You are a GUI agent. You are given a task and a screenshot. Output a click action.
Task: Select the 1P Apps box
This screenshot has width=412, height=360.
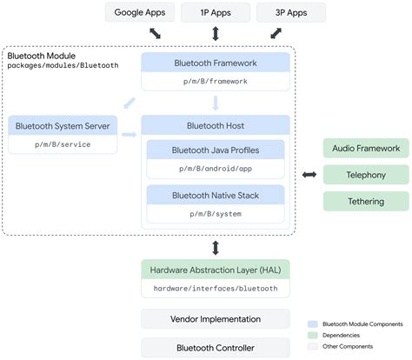point(215,12)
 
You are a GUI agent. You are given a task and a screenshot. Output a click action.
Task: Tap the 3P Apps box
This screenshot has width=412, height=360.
point(291,12)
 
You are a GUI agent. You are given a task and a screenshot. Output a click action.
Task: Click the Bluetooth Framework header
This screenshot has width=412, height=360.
point(214,63)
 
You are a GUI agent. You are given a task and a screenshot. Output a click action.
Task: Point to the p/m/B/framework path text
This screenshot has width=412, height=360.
point(214,81)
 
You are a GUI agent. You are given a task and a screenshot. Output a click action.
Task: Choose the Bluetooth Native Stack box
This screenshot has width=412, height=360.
point(214,194)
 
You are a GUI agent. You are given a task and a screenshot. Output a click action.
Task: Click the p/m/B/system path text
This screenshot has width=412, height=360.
point(214,213)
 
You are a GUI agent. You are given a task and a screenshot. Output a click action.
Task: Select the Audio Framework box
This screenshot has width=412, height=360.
point(366,149)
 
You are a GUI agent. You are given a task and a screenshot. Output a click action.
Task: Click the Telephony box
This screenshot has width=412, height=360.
point(366,176)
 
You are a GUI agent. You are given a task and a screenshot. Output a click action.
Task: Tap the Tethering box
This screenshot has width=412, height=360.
point(366,202)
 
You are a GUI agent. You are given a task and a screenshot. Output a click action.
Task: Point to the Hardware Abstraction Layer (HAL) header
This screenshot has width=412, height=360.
point(214,269)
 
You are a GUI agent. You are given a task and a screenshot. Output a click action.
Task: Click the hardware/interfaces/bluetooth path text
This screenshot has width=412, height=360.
point(214,288)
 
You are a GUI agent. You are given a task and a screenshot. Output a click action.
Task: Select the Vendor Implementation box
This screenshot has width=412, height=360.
point(214,318)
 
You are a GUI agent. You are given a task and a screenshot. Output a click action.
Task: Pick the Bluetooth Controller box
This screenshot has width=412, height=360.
point(214,347)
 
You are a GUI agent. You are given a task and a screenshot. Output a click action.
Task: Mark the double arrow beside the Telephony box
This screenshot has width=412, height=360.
point(308,176)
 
